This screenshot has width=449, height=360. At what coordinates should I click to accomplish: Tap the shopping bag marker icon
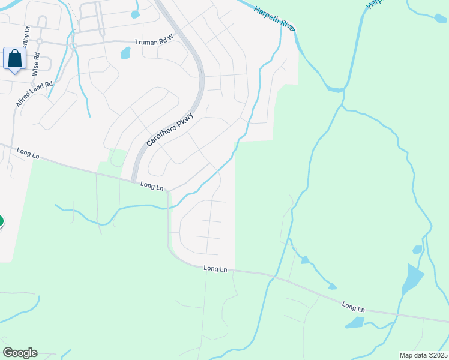tap(14, 59)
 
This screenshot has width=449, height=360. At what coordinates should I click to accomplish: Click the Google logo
tap(20, 353)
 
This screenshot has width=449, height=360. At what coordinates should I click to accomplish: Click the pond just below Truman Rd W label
tap(125, 53)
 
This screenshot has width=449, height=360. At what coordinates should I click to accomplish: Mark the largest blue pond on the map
tap(412, 278)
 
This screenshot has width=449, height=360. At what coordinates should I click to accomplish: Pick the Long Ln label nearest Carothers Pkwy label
tap(152, 186)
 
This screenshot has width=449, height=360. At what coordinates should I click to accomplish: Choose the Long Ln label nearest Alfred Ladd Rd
tap(28, 154)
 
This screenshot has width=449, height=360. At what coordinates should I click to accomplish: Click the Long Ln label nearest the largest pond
tap(354, 307)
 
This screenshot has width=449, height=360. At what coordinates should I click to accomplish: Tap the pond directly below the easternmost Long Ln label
tap(355, 323)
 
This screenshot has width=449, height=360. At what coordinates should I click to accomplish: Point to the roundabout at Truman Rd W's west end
tap(73, 46)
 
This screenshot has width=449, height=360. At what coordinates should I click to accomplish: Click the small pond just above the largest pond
tap(418, 250)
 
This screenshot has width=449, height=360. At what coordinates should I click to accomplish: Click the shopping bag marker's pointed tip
tap(14, 73)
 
